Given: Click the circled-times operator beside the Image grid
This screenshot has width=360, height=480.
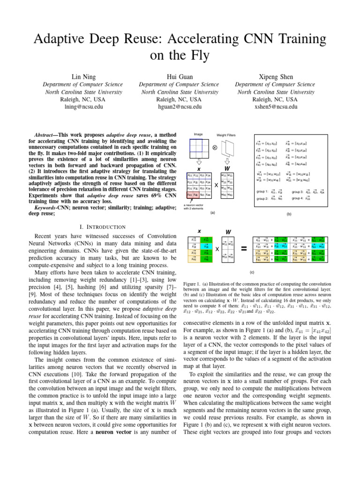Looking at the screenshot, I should tap(214, 147).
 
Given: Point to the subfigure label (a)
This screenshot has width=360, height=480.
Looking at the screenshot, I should tap(212, 212).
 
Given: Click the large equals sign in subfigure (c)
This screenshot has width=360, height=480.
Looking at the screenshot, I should tap(244, 250).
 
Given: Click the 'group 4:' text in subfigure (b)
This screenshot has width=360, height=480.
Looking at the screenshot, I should tap(298, 198).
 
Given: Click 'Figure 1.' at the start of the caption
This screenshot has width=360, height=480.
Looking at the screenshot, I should tap(193, 284).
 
